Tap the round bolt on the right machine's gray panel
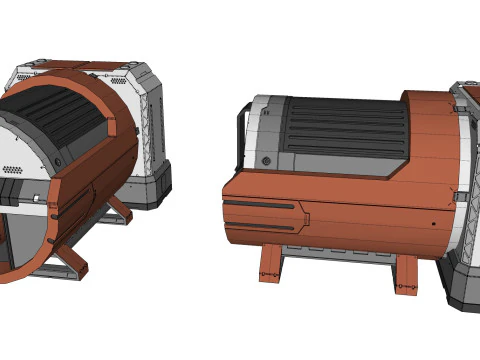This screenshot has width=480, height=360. point(266,160)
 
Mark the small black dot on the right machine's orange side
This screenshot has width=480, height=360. point(432,224)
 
